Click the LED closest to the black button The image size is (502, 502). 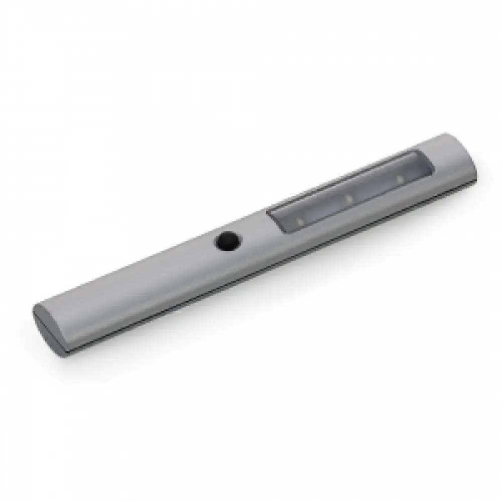tap(300, 220)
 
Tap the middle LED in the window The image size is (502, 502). tap(348, 199)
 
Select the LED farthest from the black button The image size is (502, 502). tap(400, 178)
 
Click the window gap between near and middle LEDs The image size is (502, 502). tap(324, 210)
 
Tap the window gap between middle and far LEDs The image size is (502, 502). tap(374, 189)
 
